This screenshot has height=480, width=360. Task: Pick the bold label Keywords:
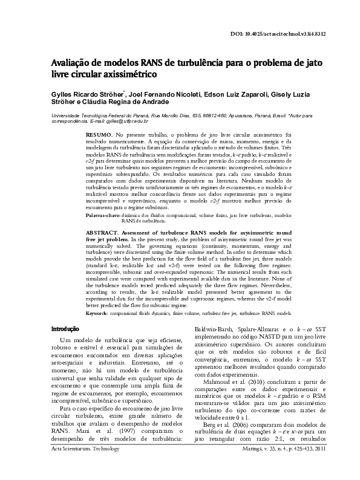click(99, 314)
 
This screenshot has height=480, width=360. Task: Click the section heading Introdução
click(64, 329)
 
